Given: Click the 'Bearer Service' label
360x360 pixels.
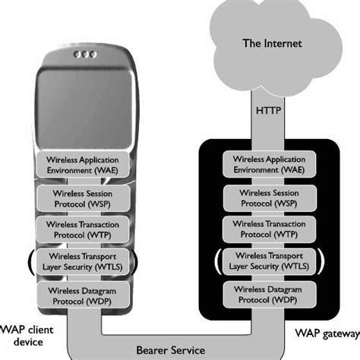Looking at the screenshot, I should pos(171,350).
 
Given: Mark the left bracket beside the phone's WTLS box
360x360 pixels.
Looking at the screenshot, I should pos(32,262).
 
